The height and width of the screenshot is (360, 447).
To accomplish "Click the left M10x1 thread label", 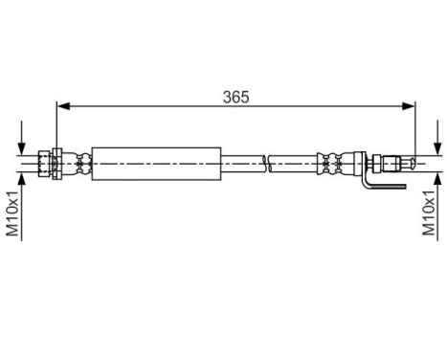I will coord(12,214).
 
